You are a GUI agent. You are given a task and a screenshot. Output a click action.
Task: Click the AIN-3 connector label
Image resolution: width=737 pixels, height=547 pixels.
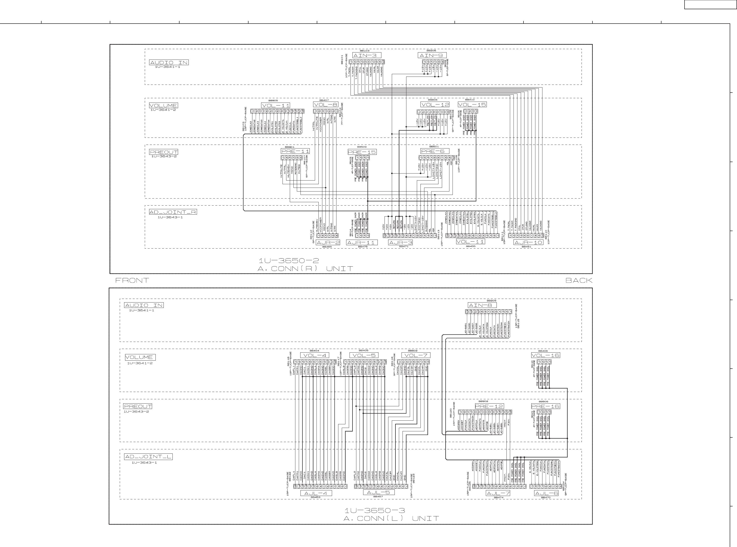pyautogui.click(x=367, y=55)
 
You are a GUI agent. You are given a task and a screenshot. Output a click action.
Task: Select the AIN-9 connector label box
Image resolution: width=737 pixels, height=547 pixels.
pyautogui.click(x=432, y=55)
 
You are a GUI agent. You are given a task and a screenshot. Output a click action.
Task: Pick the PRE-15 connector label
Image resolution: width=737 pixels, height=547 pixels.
pyautogui.click(x=362, y=152)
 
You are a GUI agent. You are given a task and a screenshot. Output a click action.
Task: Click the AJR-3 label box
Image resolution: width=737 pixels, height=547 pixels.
pyautogui.click(x=400, y=242)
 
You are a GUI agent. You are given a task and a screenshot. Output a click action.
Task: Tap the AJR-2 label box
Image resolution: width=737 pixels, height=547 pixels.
pyautogui.click(x=328, y=242)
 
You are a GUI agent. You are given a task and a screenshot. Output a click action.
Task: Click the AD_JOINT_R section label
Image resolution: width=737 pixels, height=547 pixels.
pyautogui.click(x=173, y=212)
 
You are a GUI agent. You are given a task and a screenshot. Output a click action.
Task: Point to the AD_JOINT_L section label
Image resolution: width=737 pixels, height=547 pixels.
pyautogui.click(x=148, y=457)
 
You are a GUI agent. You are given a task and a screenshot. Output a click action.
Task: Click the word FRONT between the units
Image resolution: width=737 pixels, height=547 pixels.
pyautogui.click(x=132, y=280)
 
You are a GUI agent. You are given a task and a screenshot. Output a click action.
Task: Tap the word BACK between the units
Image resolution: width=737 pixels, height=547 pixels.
pyautogui.click(x=578, y=280)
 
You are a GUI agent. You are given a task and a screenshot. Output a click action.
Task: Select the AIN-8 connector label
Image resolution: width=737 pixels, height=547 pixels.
pyautogui.click(x=482, y=305)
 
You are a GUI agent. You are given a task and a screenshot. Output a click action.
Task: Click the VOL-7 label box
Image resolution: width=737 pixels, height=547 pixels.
pyautogui.click(x=416, y=355)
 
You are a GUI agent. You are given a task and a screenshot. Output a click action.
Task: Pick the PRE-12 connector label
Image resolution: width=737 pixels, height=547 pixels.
pyautogui.click(x=489, y=406)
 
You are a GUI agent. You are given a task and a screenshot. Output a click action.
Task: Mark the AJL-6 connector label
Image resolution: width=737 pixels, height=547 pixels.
pyautogui.click(x=546, y=493)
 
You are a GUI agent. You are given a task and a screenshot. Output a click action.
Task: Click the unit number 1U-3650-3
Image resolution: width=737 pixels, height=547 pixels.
pyautogui.click(x=375, y=511)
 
